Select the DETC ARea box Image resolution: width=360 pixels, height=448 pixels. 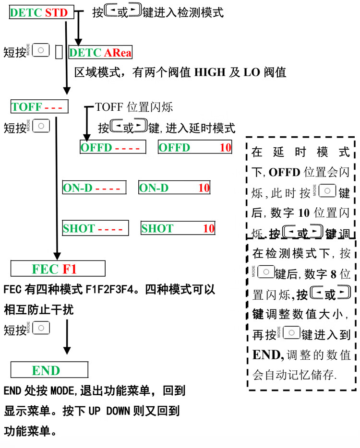100,53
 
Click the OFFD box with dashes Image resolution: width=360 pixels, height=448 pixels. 112,147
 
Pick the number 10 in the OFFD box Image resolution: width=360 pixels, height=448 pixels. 225,147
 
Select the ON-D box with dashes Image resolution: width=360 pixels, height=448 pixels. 94,188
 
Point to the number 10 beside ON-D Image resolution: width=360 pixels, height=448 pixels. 204,188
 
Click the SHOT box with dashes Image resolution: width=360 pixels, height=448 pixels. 96,228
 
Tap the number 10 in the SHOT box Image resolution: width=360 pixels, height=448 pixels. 208,228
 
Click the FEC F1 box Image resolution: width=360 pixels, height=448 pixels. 58,268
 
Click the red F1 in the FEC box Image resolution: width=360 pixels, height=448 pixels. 70,268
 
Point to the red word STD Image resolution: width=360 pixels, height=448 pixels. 56,13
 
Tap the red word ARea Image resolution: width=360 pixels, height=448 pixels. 118,53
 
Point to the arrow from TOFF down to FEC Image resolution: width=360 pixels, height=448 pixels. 58,187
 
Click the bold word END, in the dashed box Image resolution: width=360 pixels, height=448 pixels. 268,355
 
